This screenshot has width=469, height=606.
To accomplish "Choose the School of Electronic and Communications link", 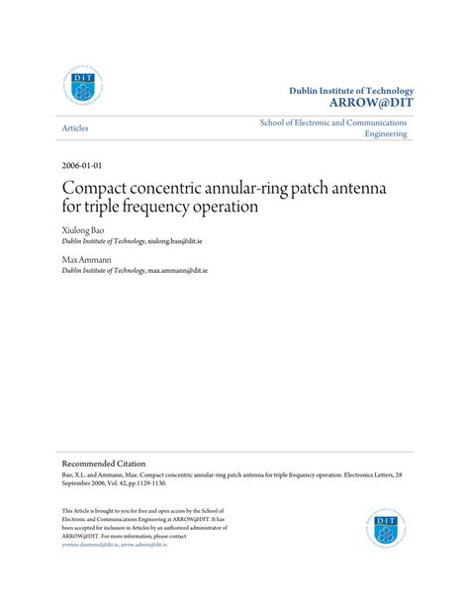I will [333, 123].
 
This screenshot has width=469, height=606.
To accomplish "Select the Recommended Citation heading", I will [104, 463].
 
